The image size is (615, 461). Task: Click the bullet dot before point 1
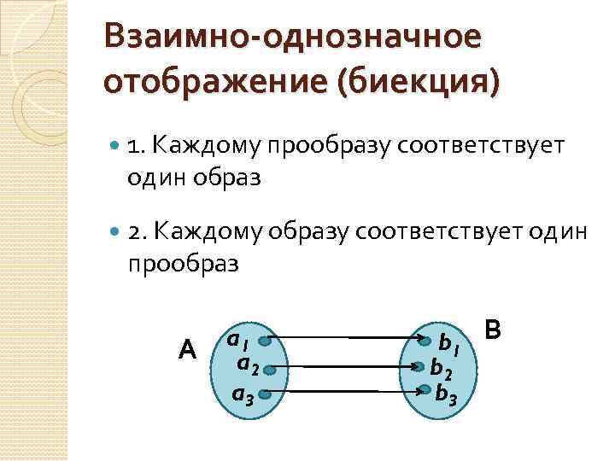(x=115, y=146)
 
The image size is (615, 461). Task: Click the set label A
(x=188, y=349)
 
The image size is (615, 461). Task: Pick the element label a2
(x=248, y=365)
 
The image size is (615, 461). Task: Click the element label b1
(x=448, y=345)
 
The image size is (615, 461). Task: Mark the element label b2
(x=442, y=369)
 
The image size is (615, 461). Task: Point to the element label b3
(x=447, y=394)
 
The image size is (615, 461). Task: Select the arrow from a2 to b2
(x=350, y=367)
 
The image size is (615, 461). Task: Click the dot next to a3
(x=266, y=394)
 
